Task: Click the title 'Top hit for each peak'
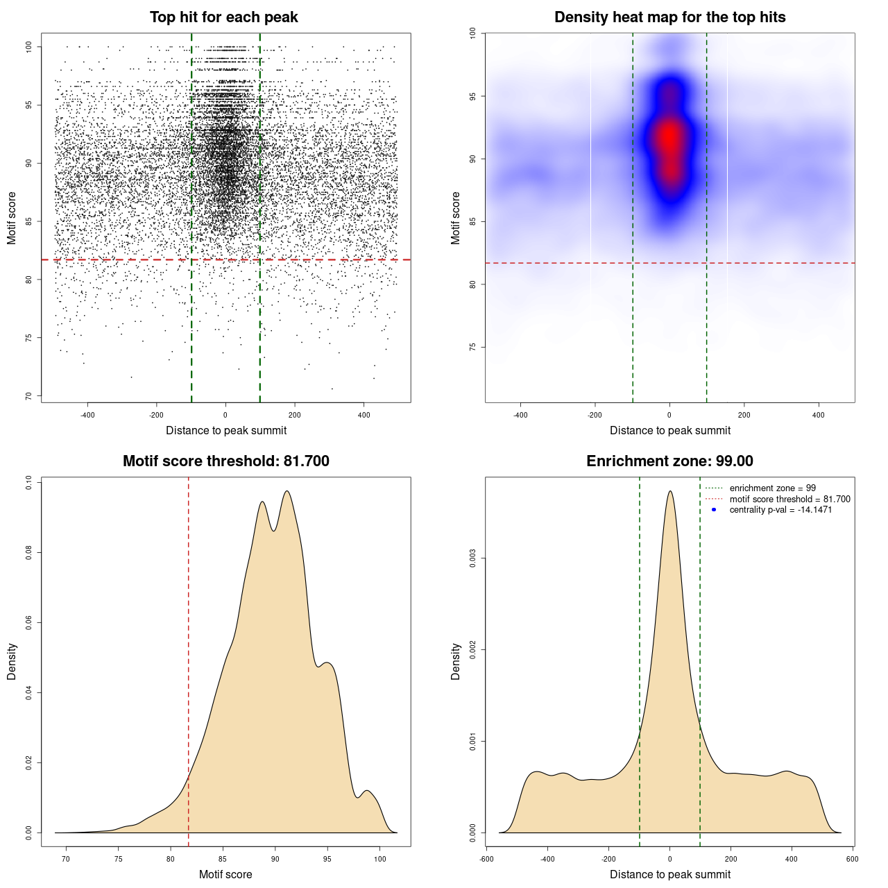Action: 223,17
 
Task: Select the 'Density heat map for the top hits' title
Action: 669,17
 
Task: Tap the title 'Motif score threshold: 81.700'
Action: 225,461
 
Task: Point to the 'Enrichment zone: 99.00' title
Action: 669,461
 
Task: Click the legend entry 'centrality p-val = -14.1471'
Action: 780,510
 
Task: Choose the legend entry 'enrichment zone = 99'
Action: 772,488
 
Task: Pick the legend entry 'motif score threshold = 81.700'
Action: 789,499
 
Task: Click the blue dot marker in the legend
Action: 714,510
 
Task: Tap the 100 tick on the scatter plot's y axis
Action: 28,46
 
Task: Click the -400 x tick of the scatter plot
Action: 87,416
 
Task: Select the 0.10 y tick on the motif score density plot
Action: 28,482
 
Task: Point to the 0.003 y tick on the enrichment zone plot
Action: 473,558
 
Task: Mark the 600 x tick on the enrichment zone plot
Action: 853,859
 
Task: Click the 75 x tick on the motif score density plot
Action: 119,859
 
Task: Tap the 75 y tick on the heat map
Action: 472,347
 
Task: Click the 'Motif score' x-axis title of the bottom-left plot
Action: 225,874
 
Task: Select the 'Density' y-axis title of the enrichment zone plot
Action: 456,661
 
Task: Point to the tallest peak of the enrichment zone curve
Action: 669,492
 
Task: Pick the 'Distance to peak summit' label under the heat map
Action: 669,430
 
